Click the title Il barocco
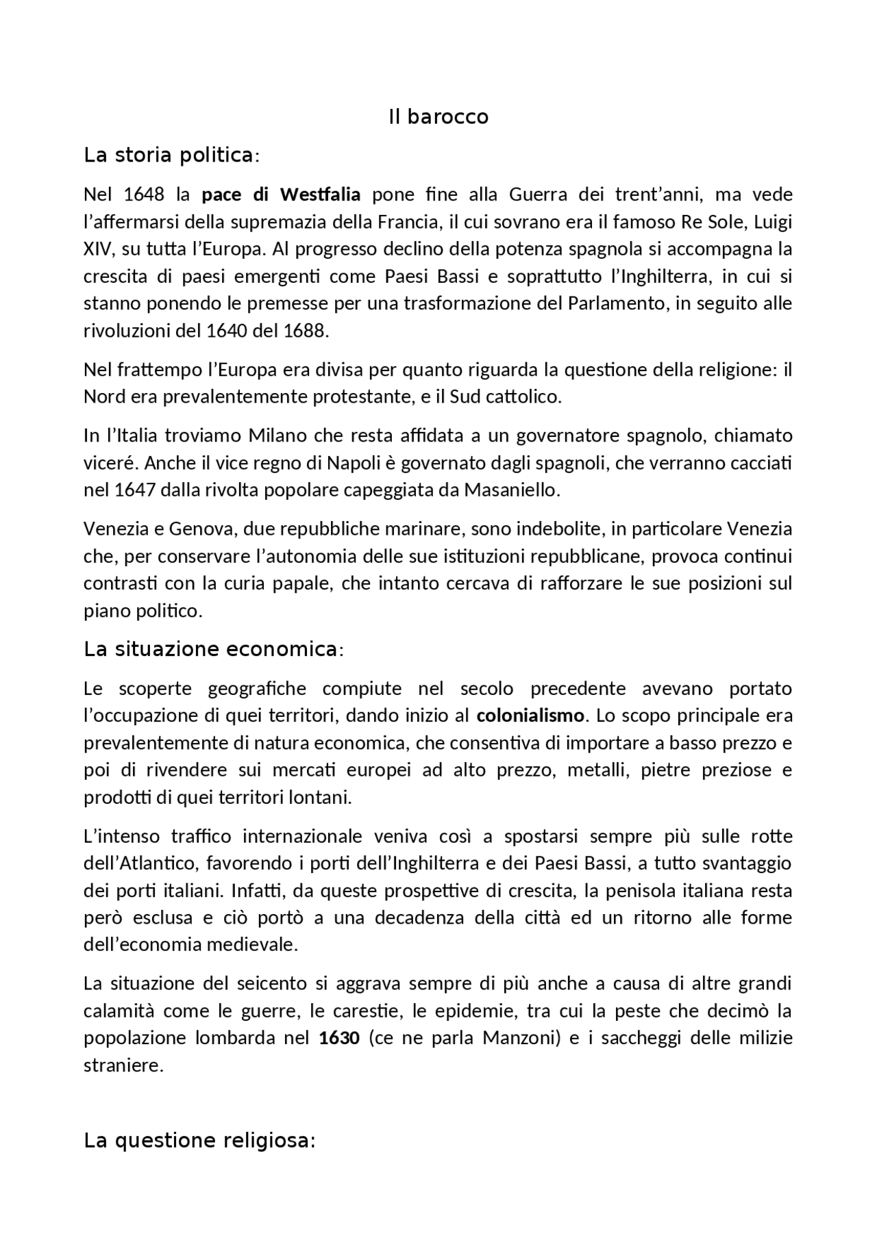coord(438,117)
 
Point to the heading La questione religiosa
coord(199,1141)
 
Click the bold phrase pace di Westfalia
coord(281,194)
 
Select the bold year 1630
coord(339,1038)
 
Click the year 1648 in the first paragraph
coord(144,194)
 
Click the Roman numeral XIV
coord(97,249)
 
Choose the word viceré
coord(110,463)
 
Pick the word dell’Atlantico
coord(140,863)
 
